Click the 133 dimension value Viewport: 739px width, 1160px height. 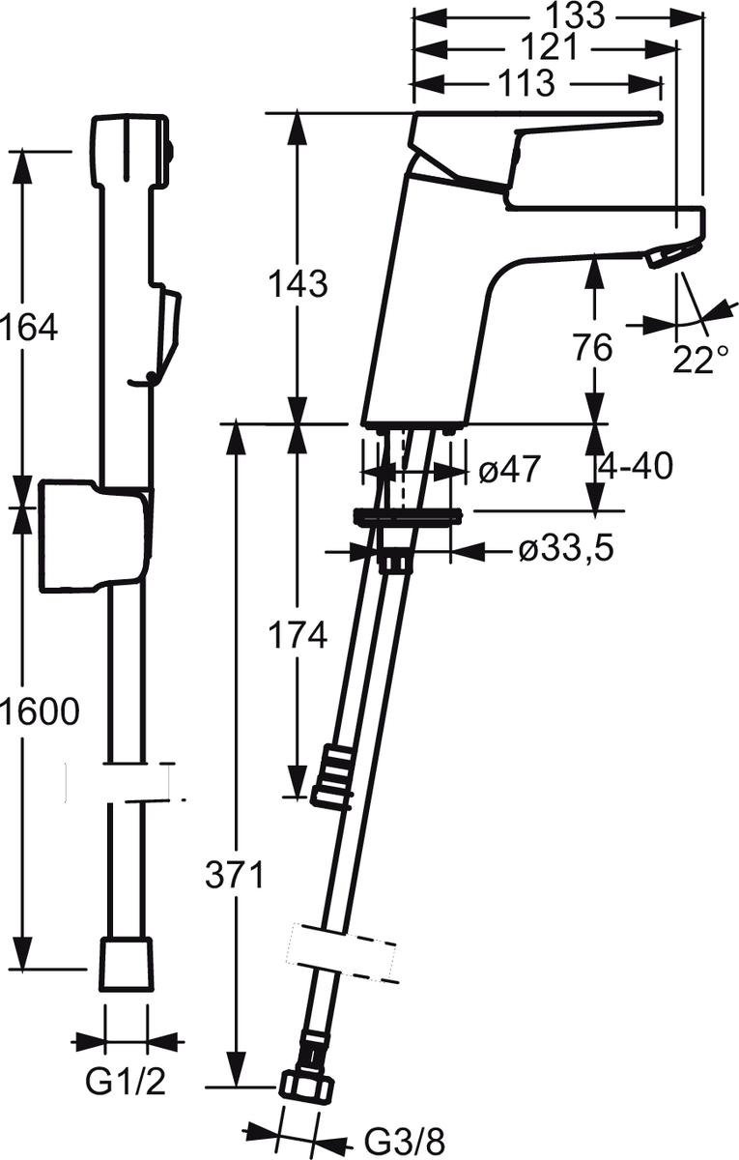(576, 15)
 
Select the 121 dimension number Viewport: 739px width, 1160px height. (549, 47)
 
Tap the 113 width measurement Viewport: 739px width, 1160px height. (525, 83)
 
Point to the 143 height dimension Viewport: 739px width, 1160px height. (298, 284)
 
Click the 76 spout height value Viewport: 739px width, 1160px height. (593, 347)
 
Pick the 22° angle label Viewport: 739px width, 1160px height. (699, 360)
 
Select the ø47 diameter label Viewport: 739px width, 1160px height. (510, 470)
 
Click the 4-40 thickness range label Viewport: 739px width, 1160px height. (636, 466)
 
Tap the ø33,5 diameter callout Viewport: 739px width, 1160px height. (567, 548)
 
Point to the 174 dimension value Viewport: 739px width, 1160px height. (298, 635)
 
